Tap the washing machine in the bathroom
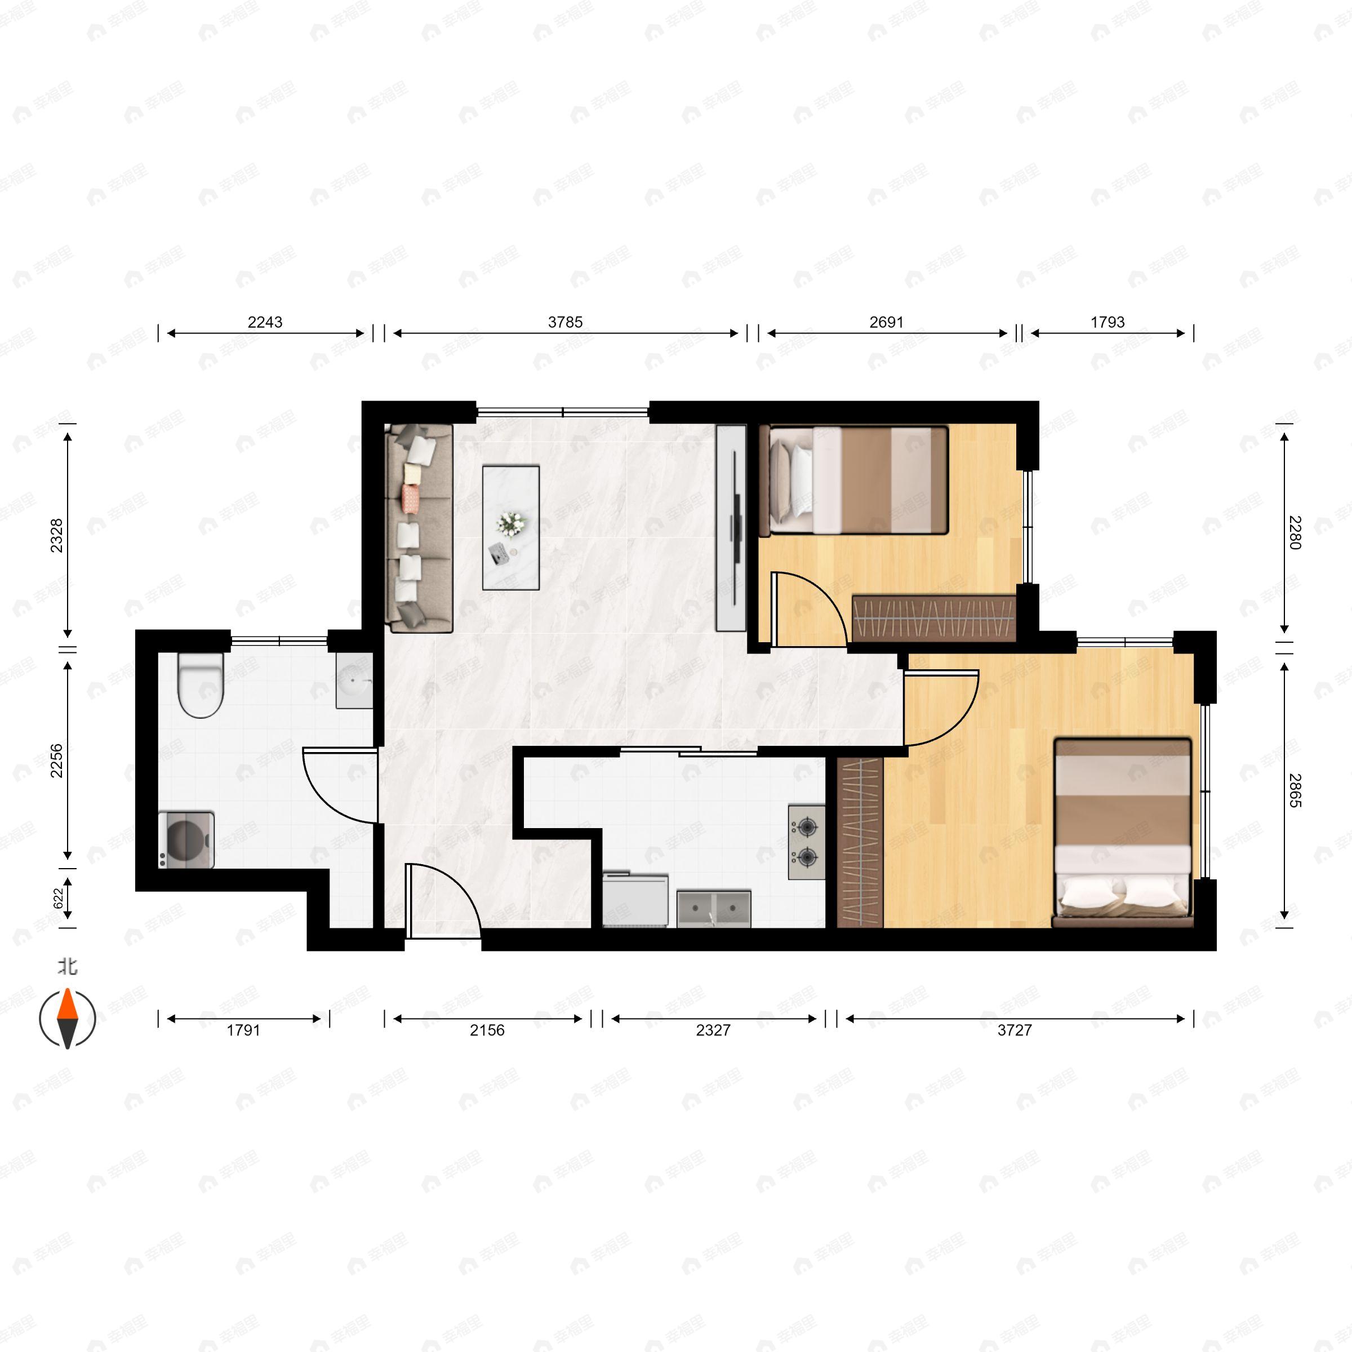186,840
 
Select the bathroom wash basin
355,681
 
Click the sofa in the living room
419,528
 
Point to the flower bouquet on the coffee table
510,524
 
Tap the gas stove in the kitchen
807,842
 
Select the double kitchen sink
714,909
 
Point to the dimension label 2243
265,322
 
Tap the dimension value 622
58,899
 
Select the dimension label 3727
1015,1030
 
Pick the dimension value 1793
1107,322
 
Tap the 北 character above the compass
67,967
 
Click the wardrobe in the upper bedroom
933,618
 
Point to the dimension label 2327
713,1030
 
